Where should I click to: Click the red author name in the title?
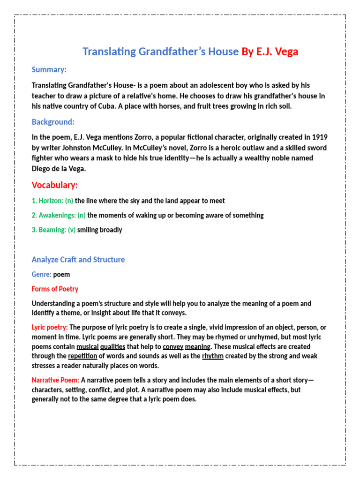pyautogui.click(x=270, y=52)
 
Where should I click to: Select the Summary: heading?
pyautogui.click(x=49, y=69)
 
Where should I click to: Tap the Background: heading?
pyautogui.click(x=53, y=122)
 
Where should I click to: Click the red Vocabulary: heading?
pyautogui.click(x=55, y=185)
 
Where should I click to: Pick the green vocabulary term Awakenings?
pyautogui.click(x=55, y=215)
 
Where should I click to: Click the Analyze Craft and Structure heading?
pyautogui.click(x=78, y=259)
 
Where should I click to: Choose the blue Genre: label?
pyautogui.click(x=42, y=274)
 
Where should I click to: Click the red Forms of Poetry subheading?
pyautogui.click(x=55, y=289)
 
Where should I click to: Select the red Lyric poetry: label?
pyautogui.click(x=50, y=327)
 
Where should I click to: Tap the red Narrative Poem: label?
pyautogui.click(x=55, y=380)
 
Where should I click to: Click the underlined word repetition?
pyautogui.click(x=82, y=356)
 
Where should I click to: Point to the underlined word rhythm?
pyautogui.click(x=212, y=356)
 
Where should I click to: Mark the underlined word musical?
pyautogui.click(x=87, y=346)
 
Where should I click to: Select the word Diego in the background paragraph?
pyautogui.click(x=41, y=168)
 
